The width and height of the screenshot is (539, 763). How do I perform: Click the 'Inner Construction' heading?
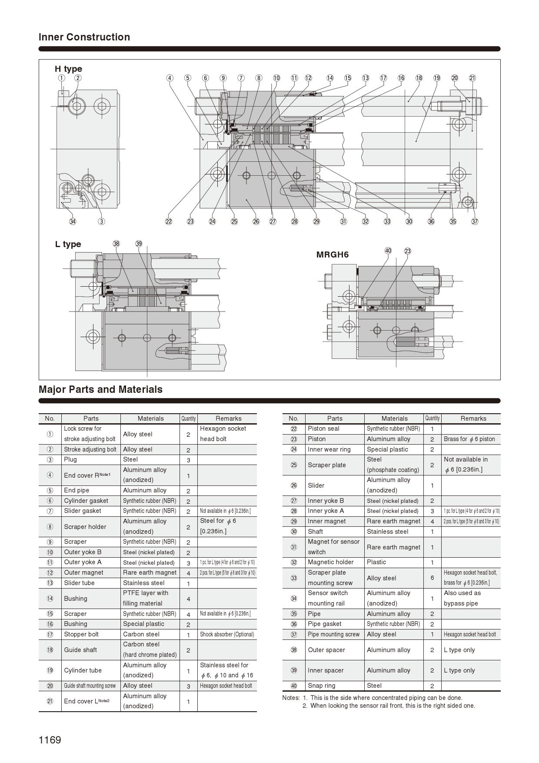(84, 37)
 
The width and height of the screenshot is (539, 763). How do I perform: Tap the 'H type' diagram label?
(68, 69)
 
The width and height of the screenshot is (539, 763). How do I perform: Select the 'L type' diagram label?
(68, 244)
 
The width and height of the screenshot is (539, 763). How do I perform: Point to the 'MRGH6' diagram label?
(333, 254)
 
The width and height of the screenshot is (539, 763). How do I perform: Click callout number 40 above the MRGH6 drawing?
(388, 251)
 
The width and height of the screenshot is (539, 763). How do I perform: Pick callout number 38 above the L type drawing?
(116, 244)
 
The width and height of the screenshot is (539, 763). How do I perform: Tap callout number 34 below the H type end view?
(73, 221)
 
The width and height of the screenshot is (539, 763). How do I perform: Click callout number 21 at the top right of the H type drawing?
(472, 78)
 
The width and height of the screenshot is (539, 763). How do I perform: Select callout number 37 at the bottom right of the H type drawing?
(475, 221)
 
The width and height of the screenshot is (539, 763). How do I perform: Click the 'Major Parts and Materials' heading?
(100, 389)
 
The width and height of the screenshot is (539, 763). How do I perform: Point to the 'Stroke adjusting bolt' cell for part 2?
(90, 449)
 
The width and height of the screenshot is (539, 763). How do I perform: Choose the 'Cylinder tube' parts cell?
(83, 670)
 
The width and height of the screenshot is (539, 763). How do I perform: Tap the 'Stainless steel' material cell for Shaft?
(387, 532)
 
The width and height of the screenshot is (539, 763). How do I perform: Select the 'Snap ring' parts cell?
(321, 686)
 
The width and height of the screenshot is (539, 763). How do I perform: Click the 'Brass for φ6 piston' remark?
(469, 439)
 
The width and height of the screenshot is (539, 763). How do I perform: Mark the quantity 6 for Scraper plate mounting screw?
(432, 578)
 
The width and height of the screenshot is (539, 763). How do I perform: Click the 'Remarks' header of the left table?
(228, 418)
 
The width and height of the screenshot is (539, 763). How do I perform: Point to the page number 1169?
(50, 740)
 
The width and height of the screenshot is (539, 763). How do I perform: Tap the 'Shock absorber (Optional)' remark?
(227, 634)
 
